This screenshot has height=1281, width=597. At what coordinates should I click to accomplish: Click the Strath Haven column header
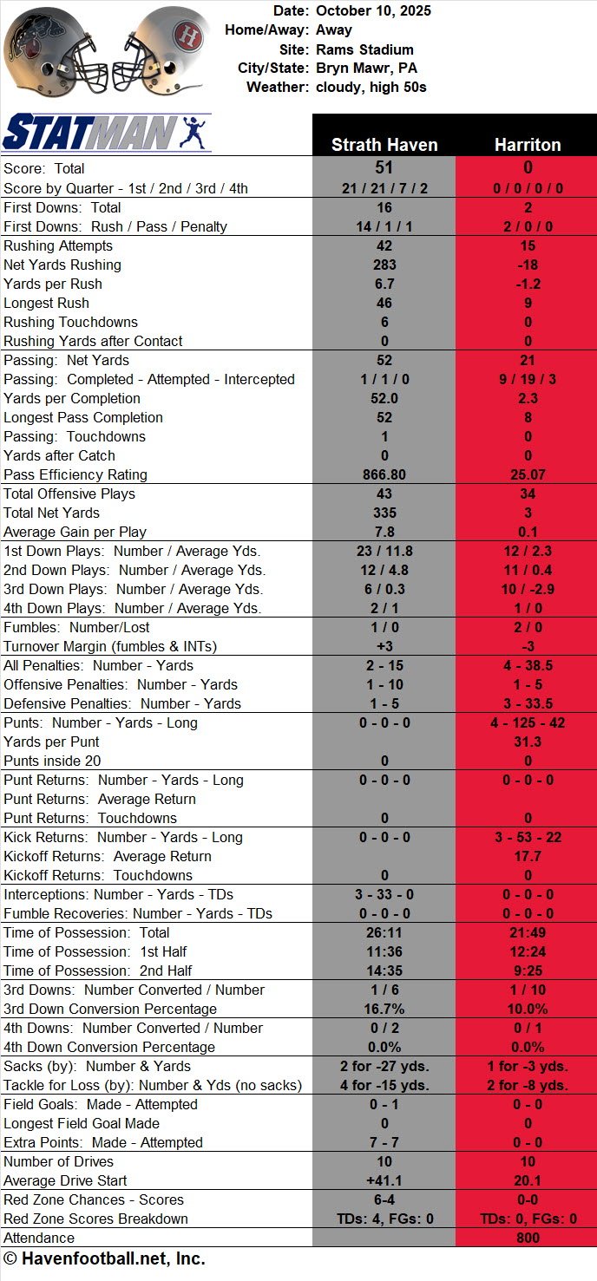(x=384, y=145)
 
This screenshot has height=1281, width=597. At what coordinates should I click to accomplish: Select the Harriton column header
(x=527, y=145)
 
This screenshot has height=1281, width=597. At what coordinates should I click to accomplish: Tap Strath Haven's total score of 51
(x=384, y=168)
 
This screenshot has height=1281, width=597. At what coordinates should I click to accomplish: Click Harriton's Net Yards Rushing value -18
(x=527, y=265)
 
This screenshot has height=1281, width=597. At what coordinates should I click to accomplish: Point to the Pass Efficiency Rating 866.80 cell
(x=384, y=474)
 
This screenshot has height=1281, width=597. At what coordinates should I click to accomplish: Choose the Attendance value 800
(x=527, y=1238)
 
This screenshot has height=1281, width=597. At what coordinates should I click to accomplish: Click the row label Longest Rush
(x=46, y=303)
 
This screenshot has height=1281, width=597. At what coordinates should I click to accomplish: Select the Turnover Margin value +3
(x=384, y=646)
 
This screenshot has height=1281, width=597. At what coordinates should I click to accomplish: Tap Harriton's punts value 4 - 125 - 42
(x=527, y=722)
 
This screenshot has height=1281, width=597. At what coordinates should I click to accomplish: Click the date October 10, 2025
(x=373, y=11)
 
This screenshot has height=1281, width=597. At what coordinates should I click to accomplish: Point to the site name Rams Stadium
(x=364, y=49)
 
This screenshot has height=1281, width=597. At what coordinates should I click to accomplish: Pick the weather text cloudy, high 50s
(x=371, y=88)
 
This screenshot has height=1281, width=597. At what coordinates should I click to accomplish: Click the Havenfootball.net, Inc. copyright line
(x=104, y=1258)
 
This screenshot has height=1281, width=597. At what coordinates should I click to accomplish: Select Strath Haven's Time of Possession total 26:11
(x=384, y=932)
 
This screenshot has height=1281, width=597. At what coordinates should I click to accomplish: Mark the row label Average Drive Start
(x=64, y=1180)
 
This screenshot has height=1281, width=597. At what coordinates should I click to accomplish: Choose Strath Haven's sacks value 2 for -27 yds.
(x=384, y=1066)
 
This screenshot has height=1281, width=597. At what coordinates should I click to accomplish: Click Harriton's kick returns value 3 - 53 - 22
(x=527, y=837)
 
